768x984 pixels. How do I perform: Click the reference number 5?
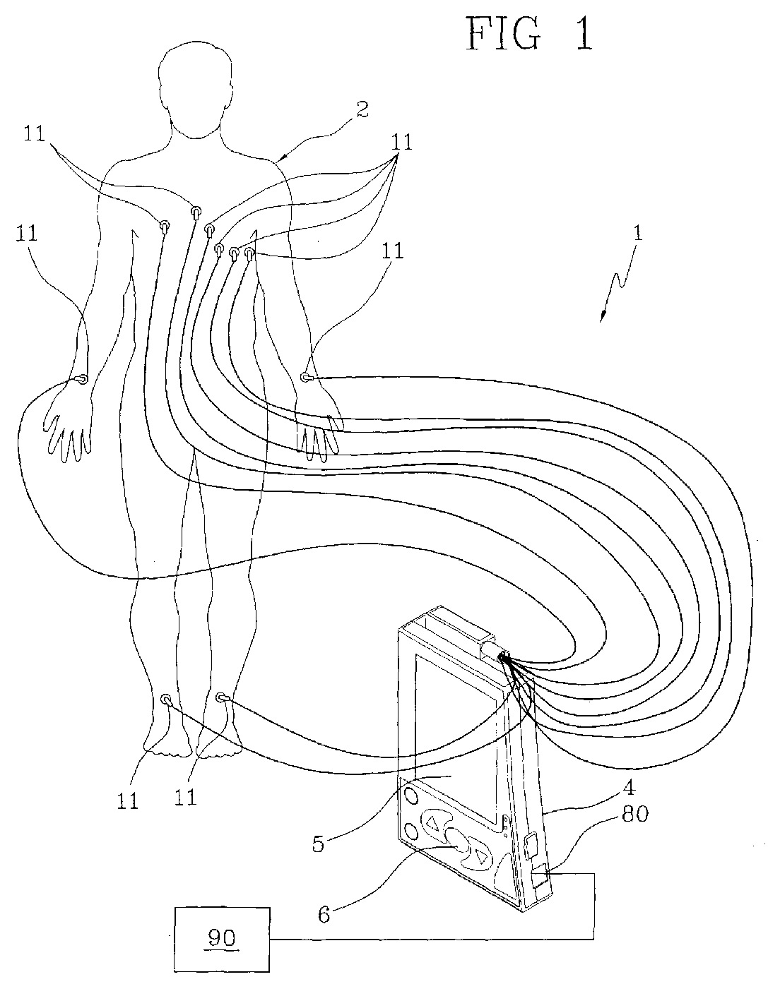pos(319,843)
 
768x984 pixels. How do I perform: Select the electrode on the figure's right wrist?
pos(82,380)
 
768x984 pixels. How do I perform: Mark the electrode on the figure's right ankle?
pos(167,700)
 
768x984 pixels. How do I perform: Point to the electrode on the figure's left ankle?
pos(222,697)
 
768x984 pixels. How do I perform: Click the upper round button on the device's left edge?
pos(409,796)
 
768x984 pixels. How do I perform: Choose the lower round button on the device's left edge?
pos(410,829)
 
